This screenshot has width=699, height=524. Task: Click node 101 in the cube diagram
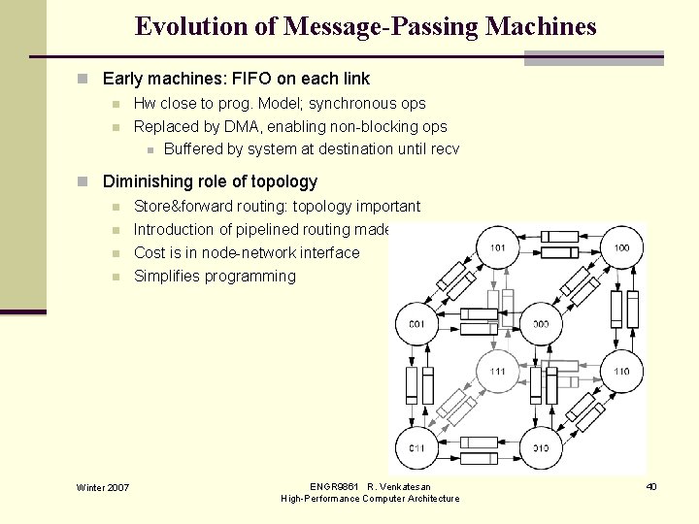tap(498, 248)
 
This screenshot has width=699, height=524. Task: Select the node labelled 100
tap(621, 248)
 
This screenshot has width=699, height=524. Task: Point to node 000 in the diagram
tap(542, 324)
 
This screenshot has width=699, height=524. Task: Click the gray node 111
tap(498, 372)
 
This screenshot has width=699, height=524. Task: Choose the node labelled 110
tap(621, 372)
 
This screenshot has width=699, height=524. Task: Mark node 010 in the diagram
tap(542, 447)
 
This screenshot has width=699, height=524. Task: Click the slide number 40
tap(651, 486)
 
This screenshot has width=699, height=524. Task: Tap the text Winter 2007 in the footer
tap(104, 487)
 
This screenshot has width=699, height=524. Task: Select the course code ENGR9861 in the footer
tap(333, 485)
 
